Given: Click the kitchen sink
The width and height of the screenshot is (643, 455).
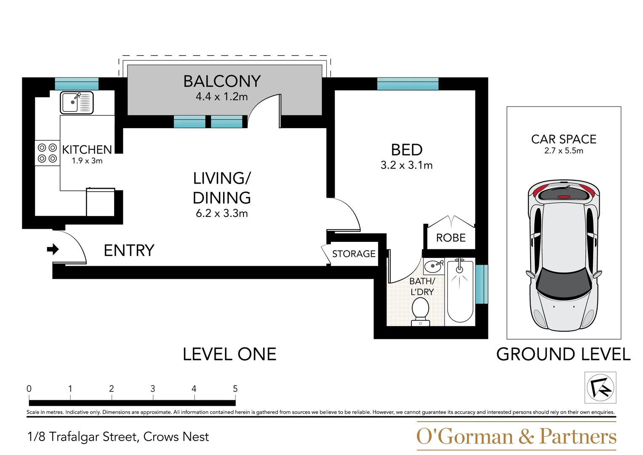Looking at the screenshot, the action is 77,102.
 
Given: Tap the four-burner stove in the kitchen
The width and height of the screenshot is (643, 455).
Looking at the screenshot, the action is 47,153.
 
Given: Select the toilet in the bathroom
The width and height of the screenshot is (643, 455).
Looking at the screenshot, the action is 421,312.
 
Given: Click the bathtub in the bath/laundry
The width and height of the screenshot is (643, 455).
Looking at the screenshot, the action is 460,290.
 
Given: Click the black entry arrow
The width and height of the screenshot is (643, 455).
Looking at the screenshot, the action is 53,249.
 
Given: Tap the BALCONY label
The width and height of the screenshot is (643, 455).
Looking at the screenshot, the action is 222,81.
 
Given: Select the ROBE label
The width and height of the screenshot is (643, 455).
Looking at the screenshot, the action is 451,238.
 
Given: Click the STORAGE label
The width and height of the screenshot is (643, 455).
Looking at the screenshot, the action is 354,254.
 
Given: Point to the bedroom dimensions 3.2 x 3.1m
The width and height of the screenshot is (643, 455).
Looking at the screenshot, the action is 406,165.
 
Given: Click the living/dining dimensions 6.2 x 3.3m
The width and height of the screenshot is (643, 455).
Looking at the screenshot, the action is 221,214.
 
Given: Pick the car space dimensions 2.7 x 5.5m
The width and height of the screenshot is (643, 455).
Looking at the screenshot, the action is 564,151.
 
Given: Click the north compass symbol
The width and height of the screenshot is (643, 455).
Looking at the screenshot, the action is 600,388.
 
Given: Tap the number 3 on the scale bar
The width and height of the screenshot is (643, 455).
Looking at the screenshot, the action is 153,388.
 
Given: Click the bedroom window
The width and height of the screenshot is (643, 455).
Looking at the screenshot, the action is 408,84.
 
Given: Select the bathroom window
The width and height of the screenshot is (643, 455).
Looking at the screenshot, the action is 482,284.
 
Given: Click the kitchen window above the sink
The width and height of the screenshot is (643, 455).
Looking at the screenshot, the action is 77,84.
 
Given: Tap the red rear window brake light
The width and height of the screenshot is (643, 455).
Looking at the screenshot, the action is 564,197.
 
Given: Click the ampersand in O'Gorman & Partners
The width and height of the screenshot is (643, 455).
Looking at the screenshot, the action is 526,436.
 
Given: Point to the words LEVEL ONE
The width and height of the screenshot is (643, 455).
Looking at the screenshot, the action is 229,354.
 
